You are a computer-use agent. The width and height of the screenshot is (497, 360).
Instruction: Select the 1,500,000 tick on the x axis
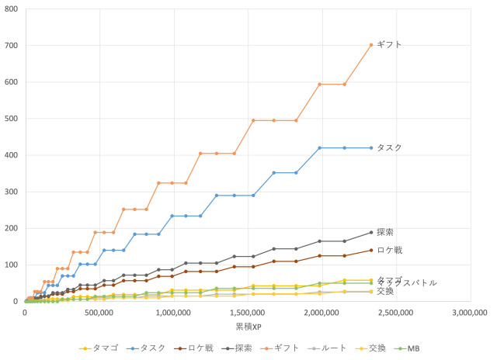(247, 313)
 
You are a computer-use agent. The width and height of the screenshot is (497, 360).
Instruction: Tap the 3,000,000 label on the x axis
(469, 313)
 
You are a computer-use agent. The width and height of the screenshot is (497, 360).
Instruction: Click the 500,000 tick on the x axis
(99, 313)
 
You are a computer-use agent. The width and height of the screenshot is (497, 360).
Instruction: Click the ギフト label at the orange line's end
(389, 45)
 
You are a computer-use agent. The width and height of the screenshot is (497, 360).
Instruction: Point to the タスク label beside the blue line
(389, 147)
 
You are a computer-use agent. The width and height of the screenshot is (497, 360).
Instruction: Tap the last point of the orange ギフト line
(371, 45)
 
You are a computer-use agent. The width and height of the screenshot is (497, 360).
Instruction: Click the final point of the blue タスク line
(371, 147)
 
